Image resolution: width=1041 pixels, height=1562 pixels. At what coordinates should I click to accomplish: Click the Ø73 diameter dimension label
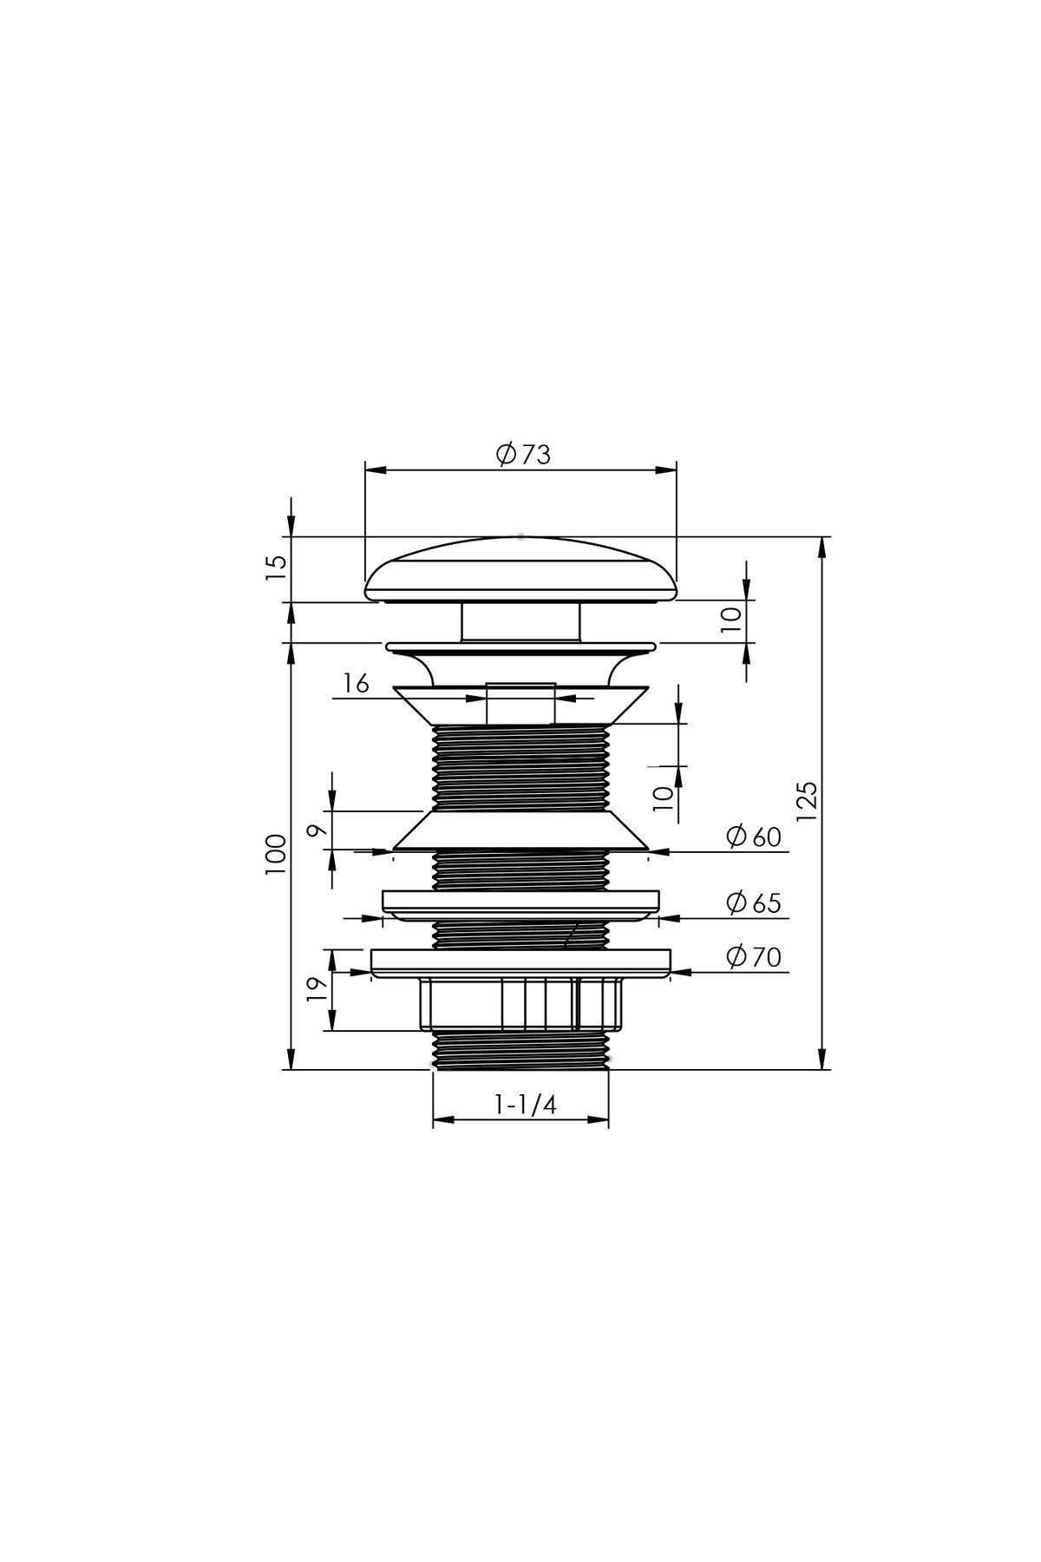pos(523,454)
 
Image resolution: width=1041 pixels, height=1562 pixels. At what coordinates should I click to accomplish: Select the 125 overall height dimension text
pos(807,801)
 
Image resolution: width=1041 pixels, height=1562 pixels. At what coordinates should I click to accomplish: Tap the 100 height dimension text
pos(276,855)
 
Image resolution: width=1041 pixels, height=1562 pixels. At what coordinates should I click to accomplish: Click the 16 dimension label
pos(355,684)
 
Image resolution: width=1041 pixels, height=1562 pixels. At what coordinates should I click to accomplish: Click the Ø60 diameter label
pos(754,837)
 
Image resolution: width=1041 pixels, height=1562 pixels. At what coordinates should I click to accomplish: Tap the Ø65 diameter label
pos(754,902)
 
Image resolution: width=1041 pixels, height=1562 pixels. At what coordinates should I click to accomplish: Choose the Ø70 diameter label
pos(754,956)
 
